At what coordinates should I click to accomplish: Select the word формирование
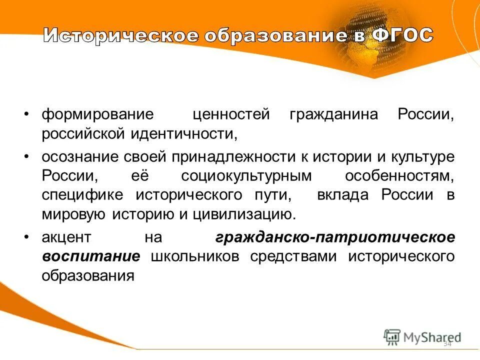click(97, 114)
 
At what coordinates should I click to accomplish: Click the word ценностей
click(231, 114)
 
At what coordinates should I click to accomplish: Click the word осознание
click(79, 156)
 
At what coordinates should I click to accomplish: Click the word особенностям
click(400, 176)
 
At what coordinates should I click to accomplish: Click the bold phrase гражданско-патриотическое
click(335, 237)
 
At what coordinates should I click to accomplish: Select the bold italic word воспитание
click(90, 256)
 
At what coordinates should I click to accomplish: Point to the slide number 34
click(447, 344)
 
